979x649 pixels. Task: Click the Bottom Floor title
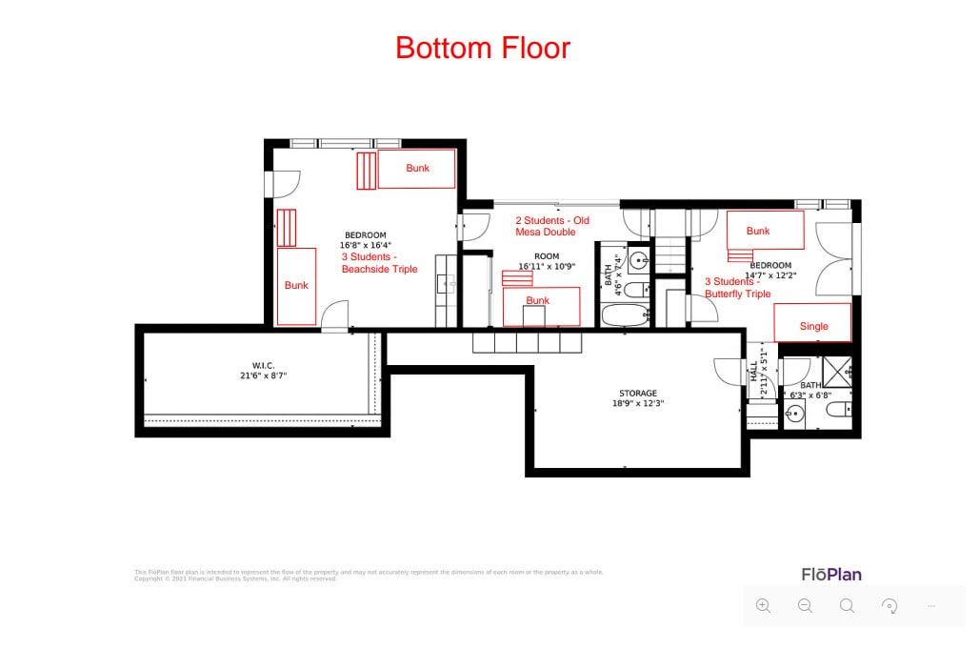coord(483,48)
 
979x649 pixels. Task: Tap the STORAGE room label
coord(637,393)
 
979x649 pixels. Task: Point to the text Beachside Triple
coord(379,270)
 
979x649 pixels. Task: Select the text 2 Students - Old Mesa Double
coord(551,226)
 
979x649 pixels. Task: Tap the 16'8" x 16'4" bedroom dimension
coord(365,245)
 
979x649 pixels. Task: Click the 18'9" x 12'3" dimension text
coord(637,403)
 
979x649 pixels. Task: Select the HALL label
coord(752,371)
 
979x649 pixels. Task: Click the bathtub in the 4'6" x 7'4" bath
coord(623,314)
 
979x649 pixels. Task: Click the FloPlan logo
coord(830,575)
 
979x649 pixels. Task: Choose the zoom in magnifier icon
coord(763,605)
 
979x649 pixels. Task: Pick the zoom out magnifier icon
coord(805,605)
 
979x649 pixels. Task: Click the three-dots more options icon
coord(931,605)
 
